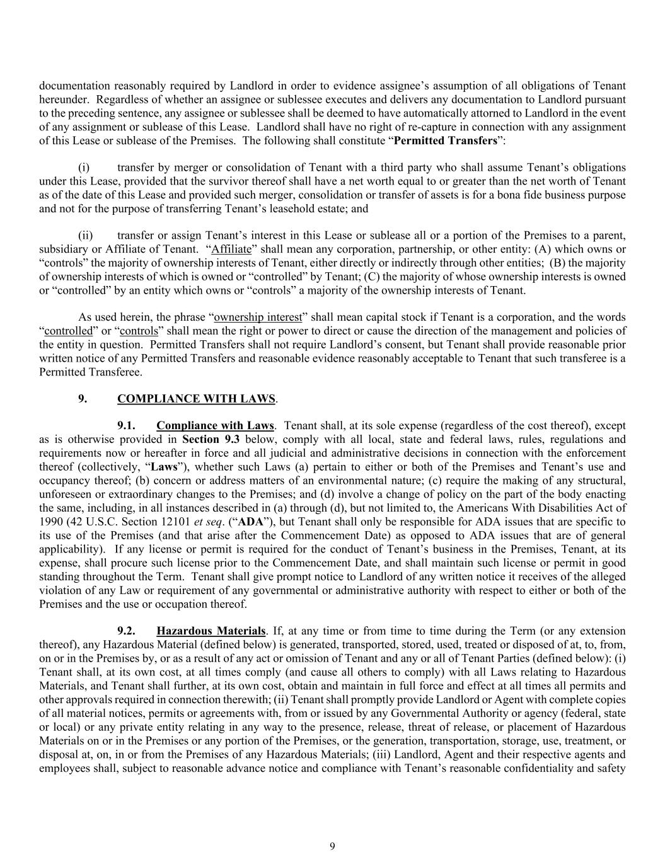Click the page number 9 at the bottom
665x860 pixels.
pos(332,846)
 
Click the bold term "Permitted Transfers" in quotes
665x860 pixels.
pos(445,140)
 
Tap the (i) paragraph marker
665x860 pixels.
pos(84,168)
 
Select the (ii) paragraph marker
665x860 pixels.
pos(85,236)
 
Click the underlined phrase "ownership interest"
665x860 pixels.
pos(258,318)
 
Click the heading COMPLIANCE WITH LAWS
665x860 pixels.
pos(196,399)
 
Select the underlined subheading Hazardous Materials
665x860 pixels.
pos(211,631)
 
